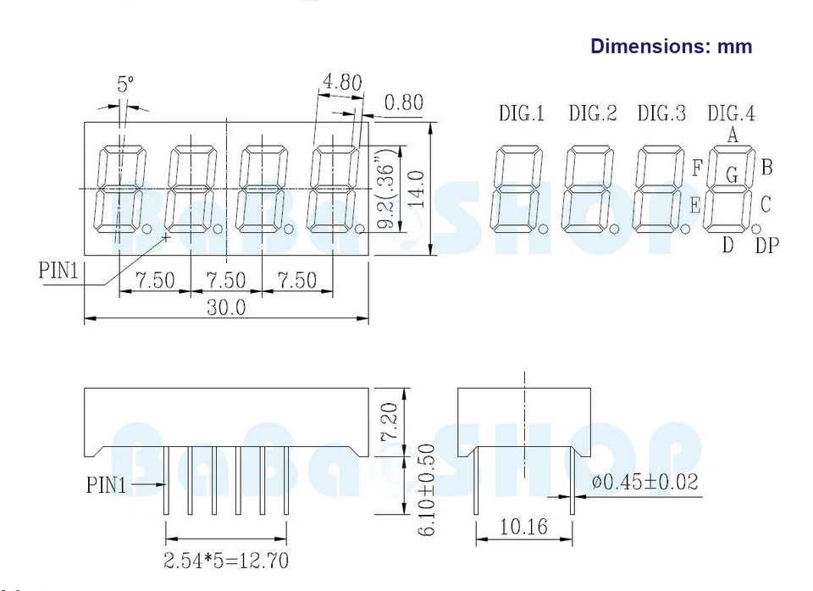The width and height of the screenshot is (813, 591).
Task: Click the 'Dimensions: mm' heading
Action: [671, 46]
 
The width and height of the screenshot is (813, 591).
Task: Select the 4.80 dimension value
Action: [341, 82]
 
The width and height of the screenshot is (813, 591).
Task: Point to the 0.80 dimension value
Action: [403, 103]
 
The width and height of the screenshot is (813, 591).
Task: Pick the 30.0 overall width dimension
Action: [226, 307]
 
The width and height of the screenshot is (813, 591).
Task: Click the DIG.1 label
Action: [521, 113]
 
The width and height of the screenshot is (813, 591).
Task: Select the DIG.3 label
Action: [661, 113]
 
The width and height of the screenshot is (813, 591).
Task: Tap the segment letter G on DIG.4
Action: [732, 175]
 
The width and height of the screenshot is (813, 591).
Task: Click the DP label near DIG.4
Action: [766, 246]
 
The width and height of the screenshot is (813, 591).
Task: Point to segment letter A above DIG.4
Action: [733, 134]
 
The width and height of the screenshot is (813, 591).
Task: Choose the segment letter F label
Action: [697, 168]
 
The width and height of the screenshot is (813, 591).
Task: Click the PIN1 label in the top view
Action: [58, 271]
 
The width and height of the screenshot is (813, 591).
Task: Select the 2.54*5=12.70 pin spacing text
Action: [226, 560]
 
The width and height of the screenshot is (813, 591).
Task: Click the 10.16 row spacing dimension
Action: [523, 527]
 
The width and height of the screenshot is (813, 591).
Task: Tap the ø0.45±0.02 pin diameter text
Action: [645, 482]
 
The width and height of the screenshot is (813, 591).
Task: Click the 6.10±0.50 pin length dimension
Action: [427, 489]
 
